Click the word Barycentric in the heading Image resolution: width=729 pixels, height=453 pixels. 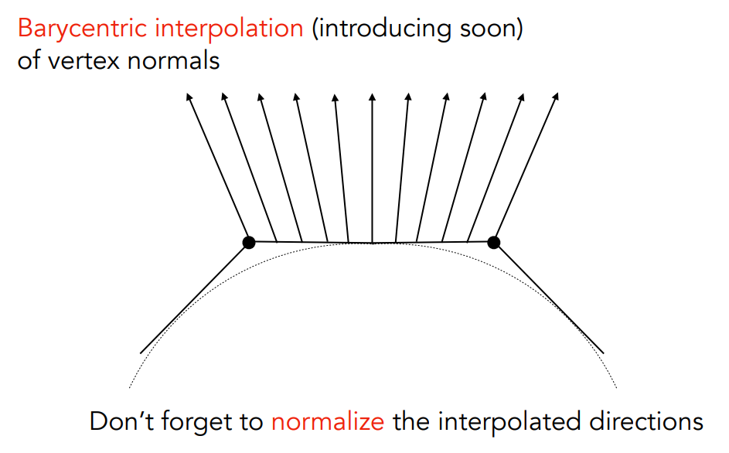tap(83, 29)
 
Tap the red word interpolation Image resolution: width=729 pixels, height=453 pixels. tap(229, 29)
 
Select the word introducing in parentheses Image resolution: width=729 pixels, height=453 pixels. tap(385, 29)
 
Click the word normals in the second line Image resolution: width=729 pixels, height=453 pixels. tap(173, 61)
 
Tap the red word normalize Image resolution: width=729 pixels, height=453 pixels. tap(328, 421)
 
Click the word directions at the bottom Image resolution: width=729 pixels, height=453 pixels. tap(646, 421)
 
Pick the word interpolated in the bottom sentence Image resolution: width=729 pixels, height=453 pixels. tap(509, 423)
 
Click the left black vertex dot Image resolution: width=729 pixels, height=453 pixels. tap(249, 242)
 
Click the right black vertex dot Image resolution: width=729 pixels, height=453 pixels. tap(494, 242)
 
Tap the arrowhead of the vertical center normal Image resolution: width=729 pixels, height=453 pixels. tap(372, 97)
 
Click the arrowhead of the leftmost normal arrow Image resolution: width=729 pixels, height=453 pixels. tap(189, 97)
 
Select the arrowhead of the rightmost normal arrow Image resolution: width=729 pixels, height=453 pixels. tap(555, 97)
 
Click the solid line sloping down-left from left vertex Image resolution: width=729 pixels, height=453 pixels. tap(194, 298)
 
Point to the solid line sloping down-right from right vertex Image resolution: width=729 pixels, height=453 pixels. tap(549, 298)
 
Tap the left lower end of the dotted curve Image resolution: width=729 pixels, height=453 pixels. tap(129, 387)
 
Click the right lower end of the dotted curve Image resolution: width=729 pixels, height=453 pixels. tap(616, 387)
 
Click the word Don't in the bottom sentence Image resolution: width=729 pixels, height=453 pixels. tap(121, 421)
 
